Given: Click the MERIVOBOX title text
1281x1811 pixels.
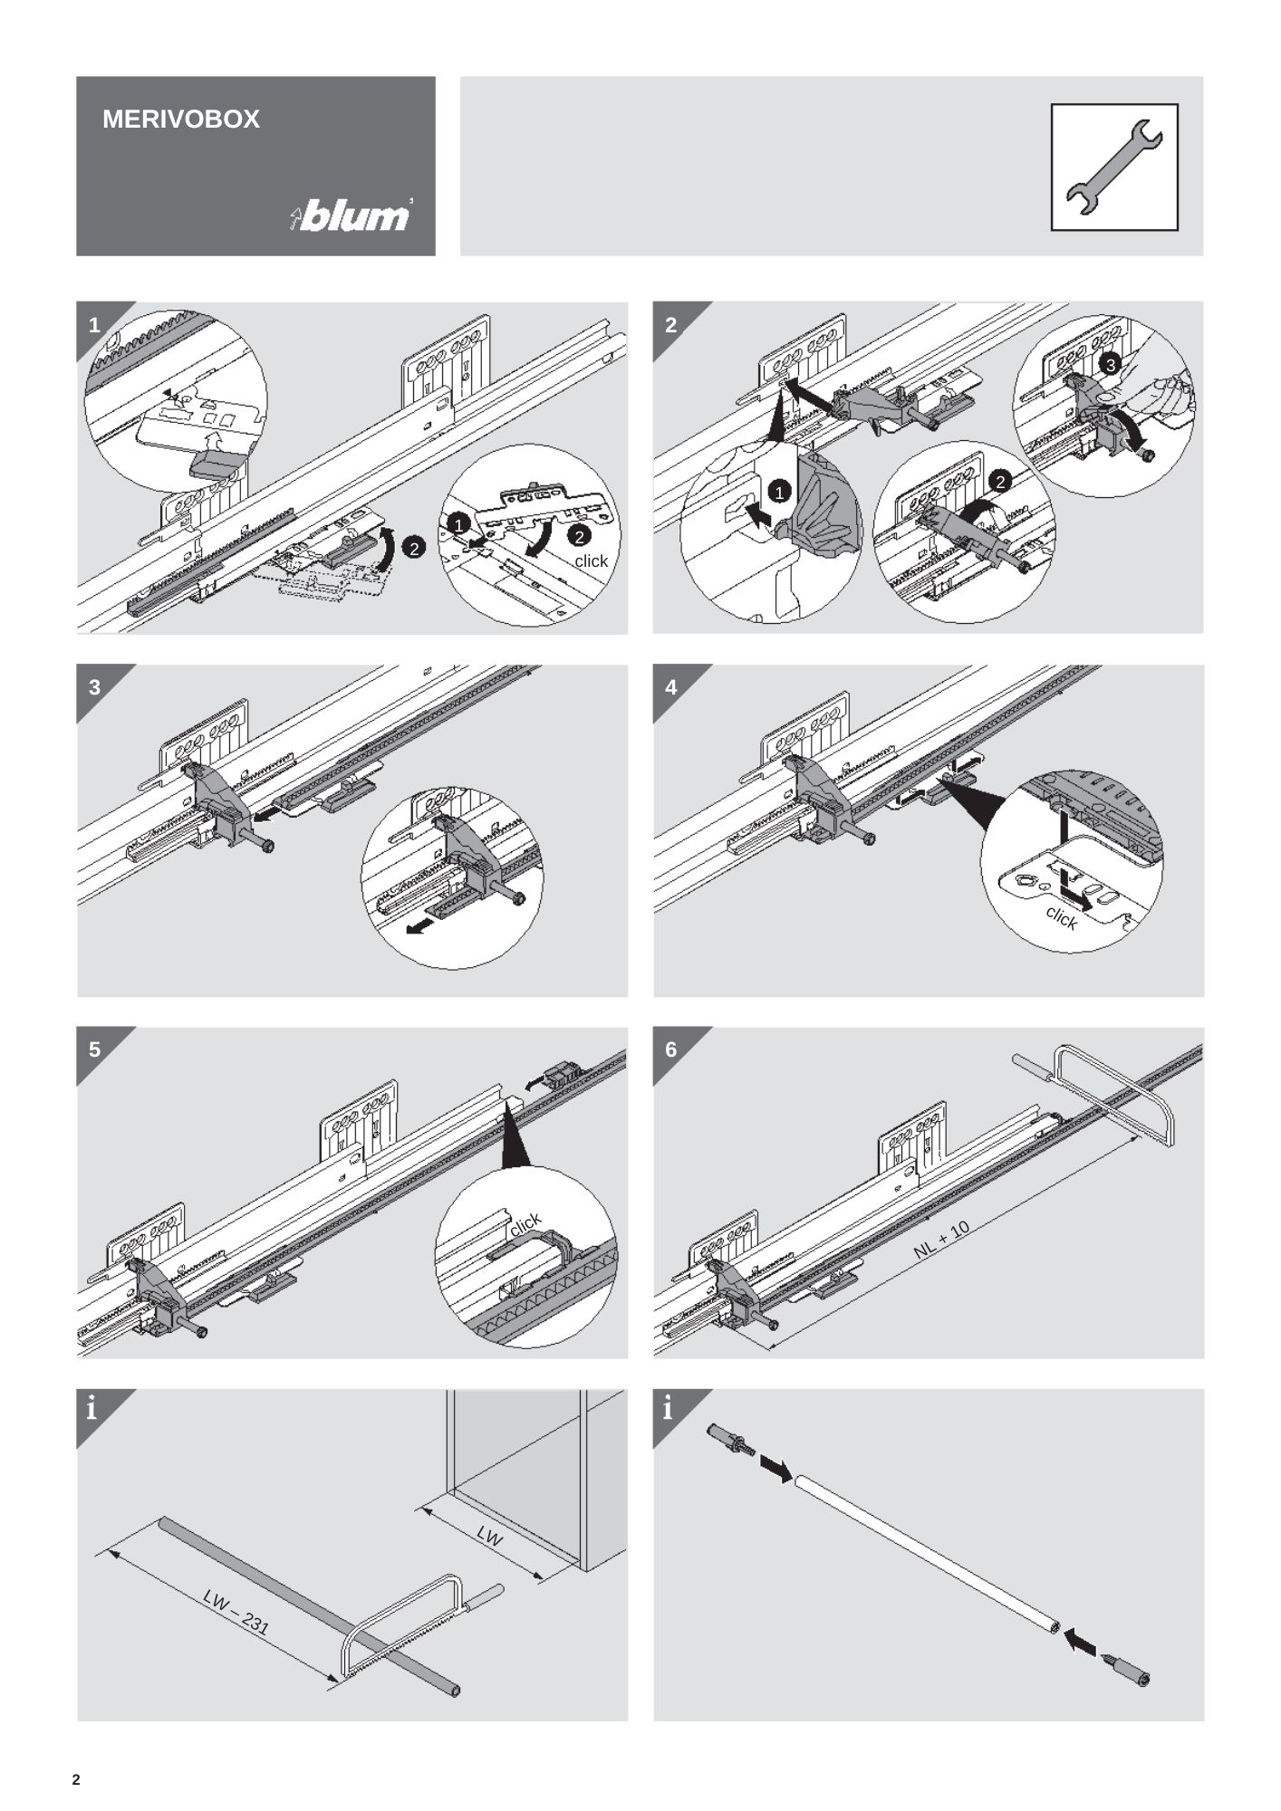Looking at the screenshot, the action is point(181,120).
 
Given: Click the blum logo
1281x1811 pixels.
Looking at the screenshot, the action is point(352,216).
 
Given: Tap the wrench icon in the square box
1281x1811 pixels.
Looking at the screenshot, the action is point(1113,167).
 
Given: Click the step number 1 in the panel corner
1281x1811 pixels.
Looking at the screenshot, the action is point(94,325).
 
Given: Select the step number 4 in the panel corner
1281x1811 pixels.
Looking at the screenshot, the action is point(670,687).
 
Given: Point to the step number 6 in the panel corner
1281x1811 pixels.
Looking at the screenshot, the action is point(670,1049).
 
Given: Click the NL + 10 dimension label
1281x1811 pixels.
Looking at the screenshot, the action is point(941,1239).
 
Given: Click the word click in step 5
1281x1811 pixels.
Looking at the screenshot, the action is point(525,1224).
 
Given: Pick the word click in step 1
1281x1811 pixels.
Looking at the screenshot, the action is point(591,561).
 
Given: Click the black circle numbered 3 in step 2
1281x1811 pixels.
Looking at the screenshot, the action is point(1112,364).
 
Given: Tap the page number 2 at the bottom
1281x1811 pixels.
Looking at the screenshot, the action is point(76,1780).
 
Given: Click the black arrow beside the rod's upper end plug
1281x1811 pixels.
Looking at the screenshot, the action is point(775,1469).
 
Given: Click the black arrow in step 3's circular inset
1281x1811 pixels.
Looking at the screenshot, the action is point(419,925).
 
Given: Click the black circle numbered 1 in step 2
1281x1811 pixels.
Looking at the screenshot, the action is point(780,493).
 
